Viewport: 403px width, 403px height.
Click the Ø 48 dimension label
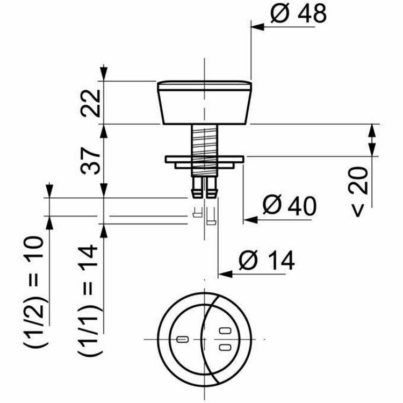click(x=298, y=15)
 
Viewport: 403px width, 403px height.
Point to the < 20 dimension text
click(x=360, y=191)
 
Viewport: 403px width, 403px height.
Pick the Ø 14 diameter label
click(x=267, y=262)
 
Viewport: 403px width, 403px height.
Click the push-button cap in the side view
click(x=204, y=102)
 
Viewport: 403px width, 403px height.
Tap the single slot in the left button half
click(x=182, y=340)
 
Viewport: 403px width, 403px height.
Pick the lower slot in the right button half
click(x=224, y=347)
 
